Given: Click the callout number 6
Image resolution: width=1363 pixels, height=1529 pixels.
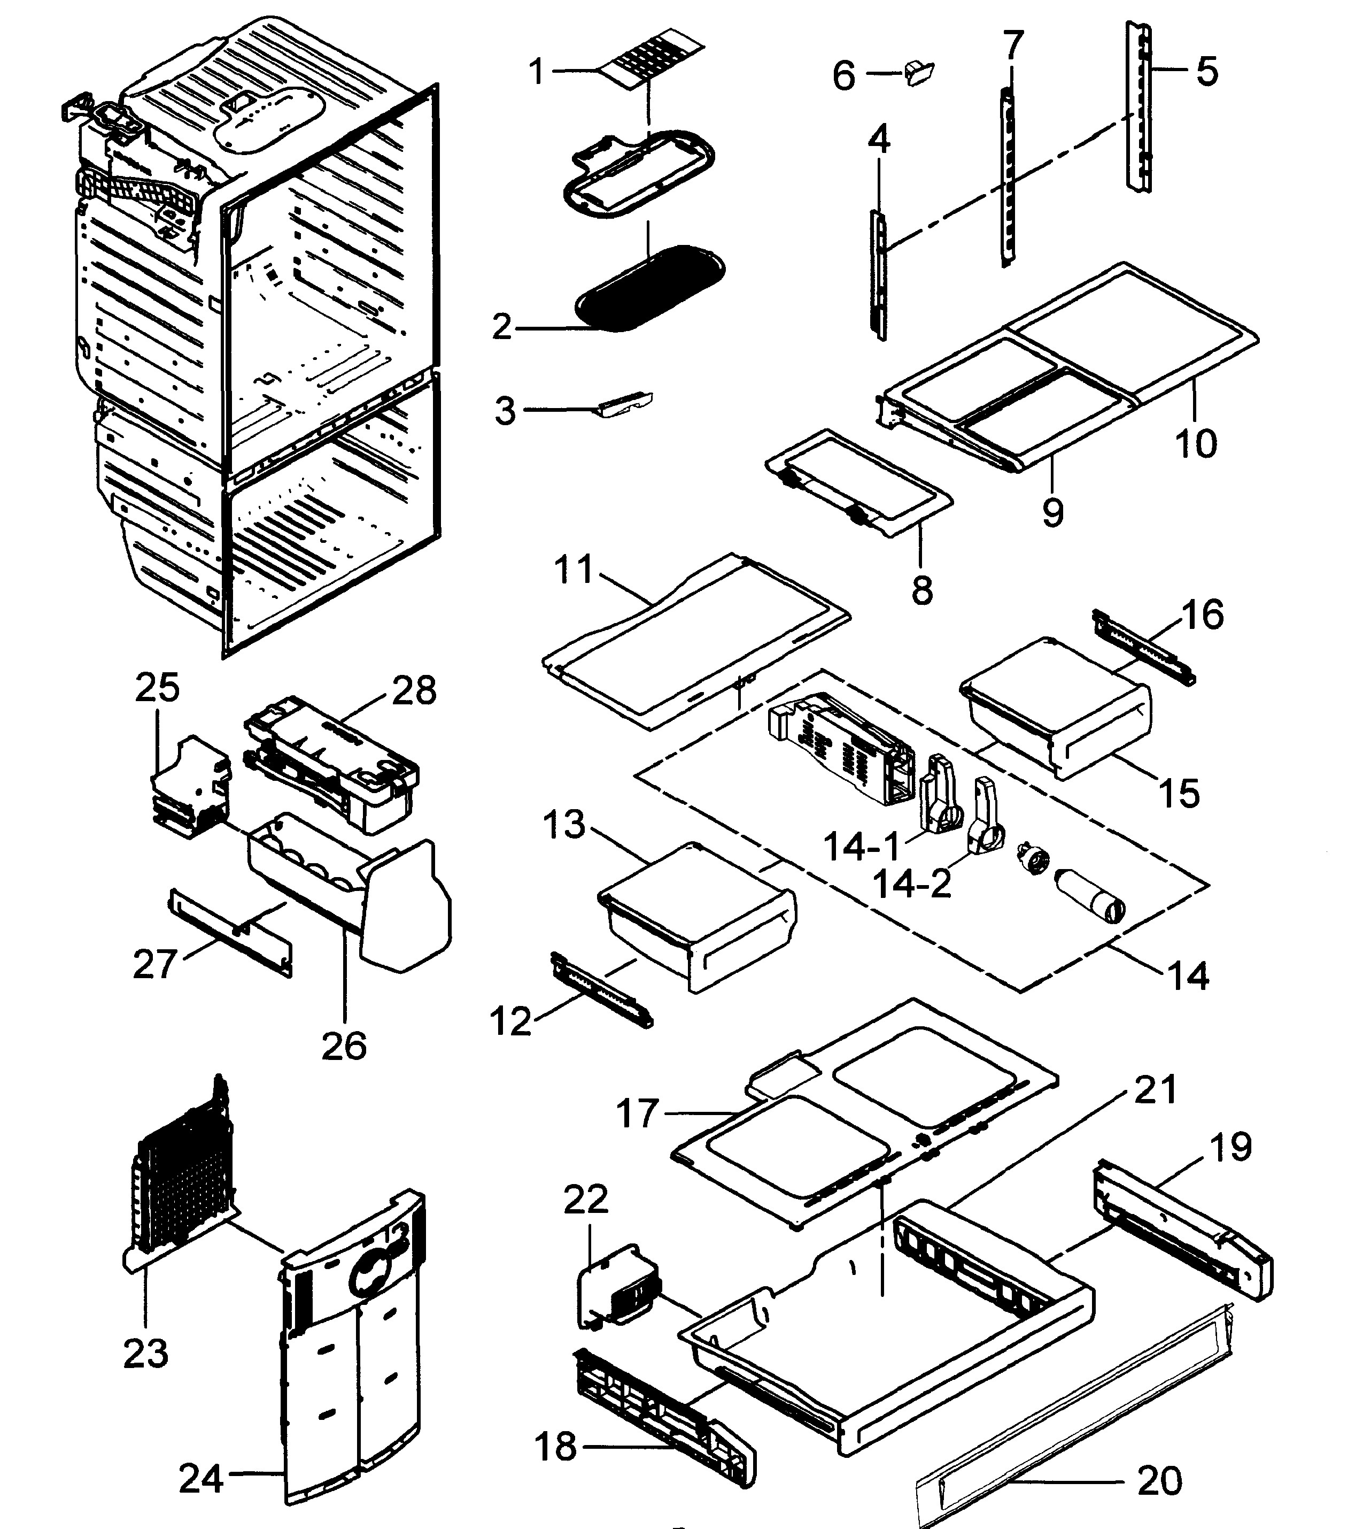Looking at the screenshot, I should tap(844, 75).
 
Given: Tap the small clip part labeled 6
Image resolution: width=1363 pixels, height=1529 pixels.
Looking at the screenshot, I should tap(917, 73).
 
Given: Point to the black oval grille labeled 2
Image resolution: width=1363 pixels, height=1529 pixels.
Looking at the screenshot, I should tap(650, 288).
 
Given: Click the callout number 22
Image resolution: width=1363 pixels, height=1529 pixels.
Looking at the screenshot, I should tap(586, 1200).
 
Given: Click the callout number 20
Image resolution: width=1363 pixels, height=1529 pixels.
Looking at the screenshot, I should tap(1159, 1480).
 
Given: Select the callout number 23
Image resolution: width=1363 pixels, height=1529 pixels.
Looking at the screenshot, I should tap(145, 1353).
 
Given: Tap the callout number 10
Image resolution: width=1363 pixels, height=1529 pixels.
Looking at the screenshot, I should tap(1195, 443).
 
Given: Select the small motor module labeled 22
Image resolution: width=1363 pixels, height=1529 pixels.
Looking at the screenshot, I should tap(620, 1286).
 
